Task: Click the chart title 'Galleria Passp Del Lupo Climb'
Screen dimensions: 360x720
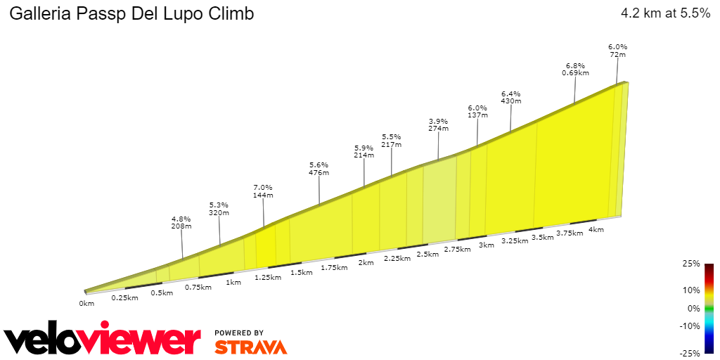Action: [131, 14]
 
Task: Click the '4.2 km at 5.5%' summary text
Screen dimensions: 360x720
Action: [665, 13]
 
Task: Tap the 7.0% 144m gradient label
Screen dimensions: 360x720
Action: [263, 191]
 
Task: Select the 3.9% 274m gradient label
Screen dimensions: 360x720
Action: [438, 125]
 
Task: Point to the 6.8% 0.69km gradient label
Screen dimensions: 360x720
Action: [575, 68]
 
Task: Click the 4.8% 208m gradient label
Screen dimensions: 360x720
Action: [181, 223]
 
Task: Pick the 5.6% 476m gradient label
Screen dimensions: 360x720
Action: [319, 168]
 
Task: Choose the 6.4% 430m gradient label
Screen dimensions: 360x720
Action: [511, 97]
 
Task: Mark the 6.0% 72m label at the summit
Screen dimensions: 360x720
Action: [617, 51]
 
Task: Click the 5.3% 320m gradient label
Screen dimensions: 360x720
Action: [219, 209]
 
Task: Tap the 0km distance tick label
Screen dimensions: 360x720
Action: [86, 304]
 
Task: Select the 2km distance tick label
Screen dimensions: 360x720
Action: [366, 263]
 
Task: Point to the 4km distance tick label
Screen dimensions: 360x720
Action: [596, 230]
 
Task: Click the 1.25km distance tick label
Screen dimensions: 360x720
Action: [267, 278]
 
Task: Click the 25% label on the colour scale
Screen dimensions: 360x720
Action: [691, 264]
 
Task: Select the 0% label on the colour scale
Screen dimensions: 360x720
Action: [693, 308]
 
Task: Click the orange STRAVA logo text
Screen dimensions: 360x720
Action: [250, 347]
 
